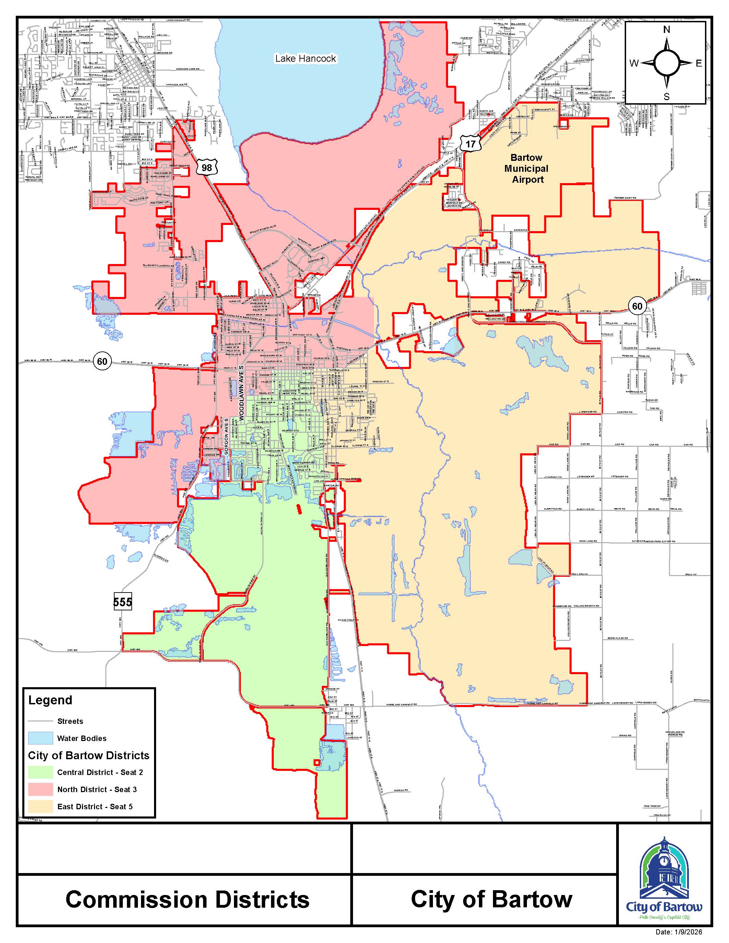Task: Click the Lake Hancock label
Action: (305, 58)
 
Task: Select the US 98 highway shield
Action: (207, 167)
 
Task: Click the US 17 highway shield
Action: (470, 143)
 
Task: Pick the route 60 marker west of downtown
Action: (102, 361)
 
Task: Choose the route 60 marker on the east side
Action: (637, 306)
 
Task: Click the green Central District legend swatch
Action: (40, 772)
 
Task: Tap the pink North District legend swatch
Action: (40, 789)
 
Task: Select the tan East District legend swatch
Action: (40, 806)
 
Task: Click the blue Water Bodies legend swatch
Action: (40, 738)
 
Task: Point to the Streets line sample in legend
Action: (40, 721)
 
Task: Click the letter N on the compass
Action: (666, 29)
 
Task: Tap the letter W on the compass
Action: (634, 63)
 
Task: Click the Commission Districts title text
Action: (187, 900)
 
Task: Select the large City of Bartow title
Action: (492, 899)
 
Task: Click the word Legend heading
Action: (50, 700)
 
